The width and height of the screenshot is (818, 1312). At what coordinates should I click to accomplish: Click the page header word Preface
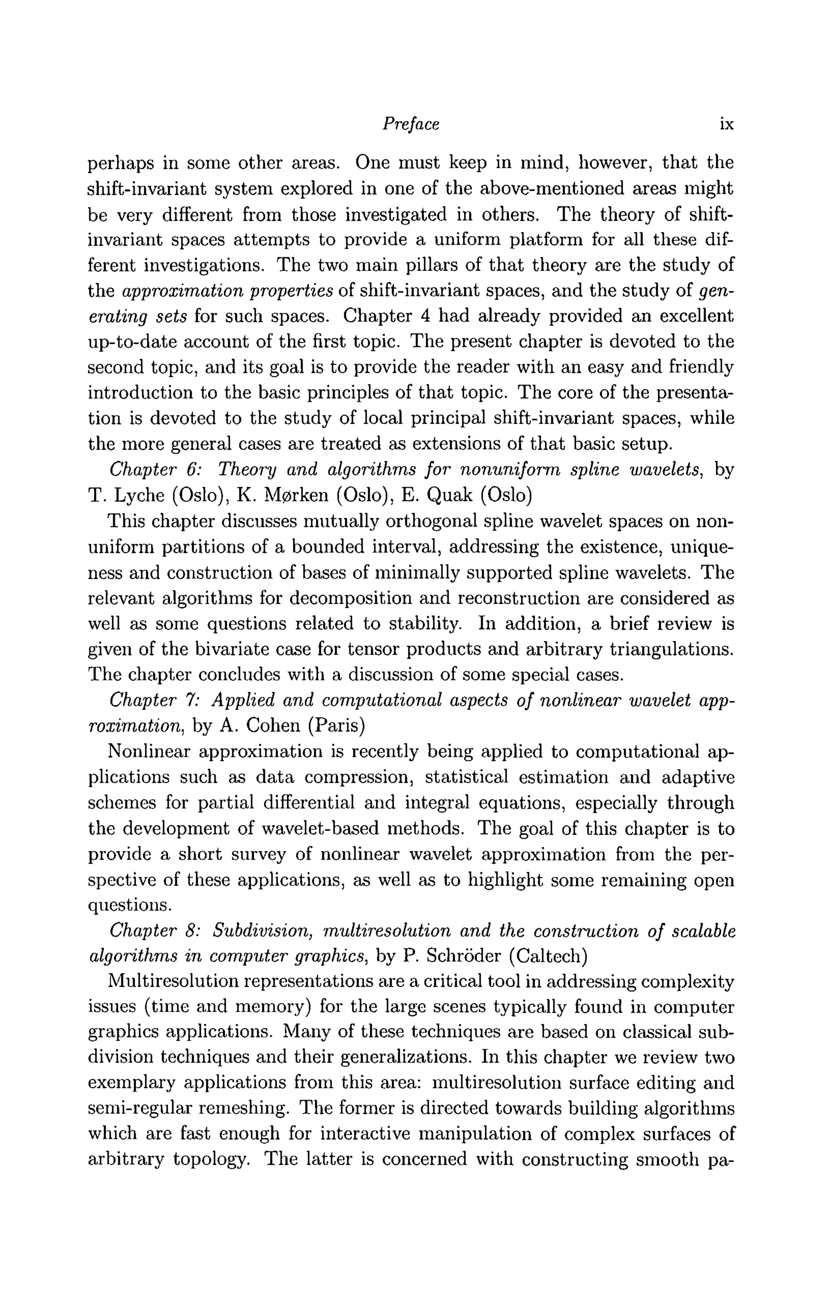tap(411, 125)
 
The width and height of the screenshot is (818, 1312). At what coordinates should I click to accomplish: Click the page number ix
tap(727, 125)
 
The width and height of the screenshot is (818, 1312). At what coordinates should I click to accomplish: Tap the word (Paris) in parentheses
tap(336, 726)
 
